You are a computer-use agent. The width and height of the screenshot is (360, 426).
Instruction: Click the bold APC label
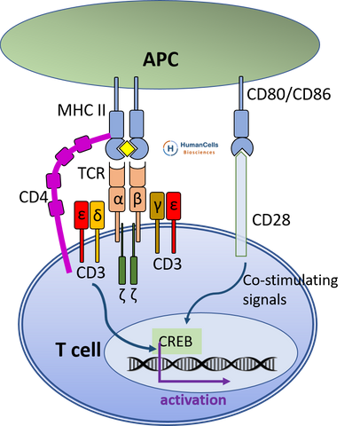(160, 59)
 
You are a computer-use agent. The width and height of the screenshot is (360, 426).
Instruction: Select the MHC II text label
(82, 110)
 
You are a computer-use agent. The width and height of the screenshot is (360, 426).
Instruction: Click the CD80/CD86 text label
(288, 94)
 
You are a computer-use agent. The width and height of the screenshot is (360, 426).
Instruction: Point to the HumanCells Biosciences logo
(191, 148)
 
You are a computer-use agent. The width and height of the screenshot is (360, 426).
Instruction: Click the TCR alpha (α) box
(117, 199)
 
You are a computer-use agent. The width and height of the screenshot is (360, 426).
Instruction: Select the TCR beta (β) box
(137, 199)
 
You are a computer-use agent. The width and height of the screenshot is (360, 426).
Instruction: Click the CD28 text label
(270, 220)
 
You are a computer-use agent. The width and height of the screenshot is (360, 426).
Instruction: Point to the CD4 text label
(34, 197)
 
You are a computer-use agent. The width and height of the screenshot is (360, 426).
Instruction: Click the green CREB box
(176, 341)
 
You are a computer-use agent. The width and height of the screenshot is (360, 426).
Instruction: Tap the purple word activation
(193, 400)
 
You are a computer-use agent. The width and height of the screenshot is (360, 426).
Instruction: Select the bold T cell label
(78, 350)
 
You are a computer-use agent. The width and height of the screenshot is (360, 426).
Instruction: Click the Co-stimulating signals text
(290, 290)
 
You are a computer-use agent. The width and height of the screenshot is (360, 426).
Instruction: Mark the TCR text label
(91, 173)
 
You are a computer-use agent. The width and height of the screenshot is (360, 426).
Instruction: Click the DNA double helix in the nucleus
(202, 364)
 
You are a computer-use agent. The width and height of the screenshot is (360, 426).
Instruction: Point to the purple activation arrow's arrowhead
(226, 382)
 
